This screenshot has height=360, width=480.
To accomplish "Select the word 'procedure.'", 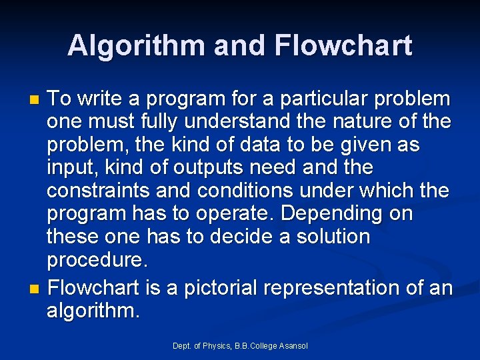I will tap(95, 259).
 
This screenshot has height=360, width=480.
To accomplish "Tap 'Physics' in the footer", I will tap(217, 345).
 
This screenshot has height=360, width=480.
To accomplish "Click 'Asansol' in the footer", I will tap(293, 345).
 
